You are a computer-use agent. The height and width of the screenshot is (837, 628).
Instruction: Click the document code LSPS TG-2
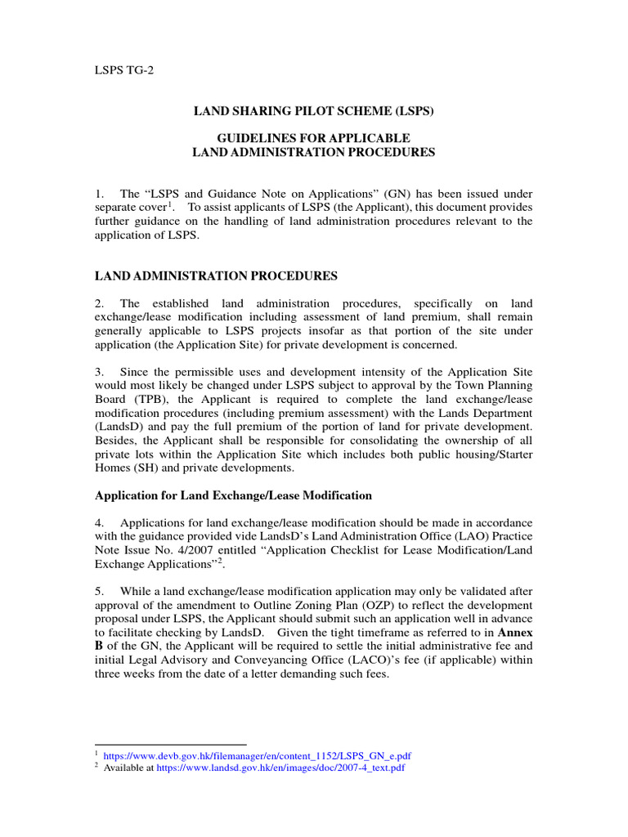click(x=124, y=70)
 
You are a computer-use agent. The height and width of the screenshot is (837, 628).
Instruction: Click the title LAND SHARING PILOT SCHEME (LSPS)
click(x=313, y=110)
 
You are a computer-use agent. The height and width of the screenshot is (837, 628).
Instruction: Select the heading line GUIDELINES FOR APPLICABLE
click(x=313, y=137)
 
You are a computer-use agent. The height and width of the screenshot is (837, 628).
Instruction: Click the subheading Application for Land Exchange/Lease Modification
click(x=234, y=495)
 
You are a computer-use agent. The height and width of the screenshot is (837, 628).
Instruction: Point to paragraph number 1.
click(x=99, y=194)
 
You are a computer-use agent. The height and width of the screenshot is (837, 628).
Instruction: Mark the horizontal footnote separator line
click(x=171, y=745)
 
